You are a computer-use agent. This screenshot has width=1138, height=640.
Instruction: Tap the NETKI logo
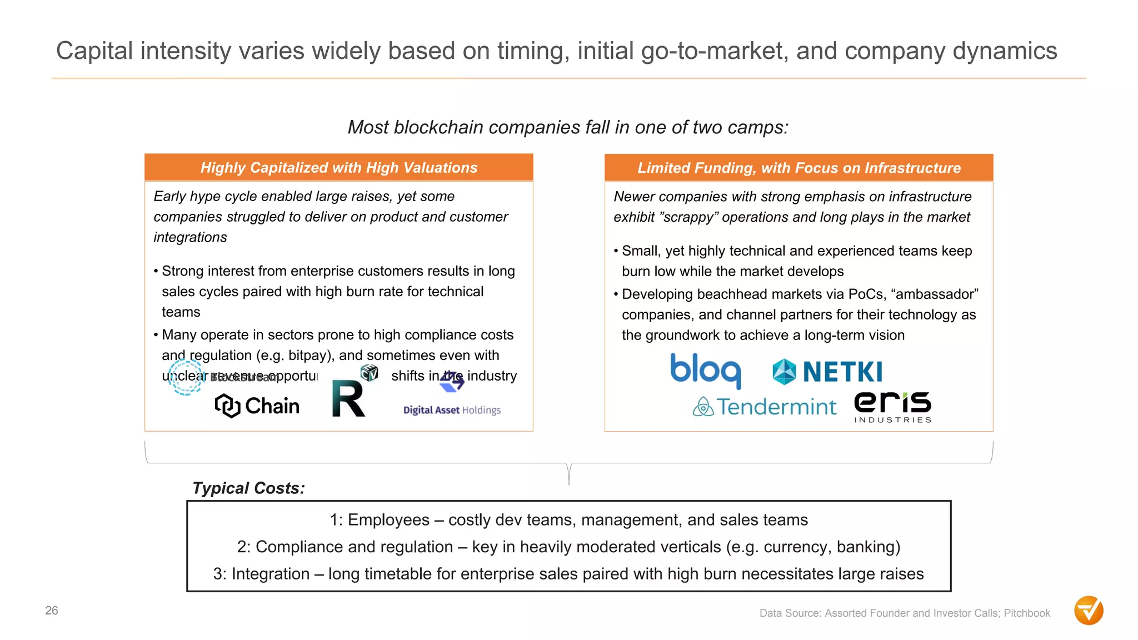[x=827, y=372]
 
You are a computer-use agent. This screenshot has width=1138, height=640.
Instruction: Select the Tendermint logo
[x=765, y=407]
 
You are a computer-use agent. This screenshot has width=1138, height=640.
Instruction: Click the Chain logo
[x=257, y=406]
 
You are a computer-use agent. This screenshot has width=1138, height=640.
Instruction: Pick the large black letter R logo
[x=348, y=399]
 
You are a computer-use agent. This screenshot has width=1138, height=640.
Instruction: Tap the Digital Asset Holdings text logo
[x=452, y=410]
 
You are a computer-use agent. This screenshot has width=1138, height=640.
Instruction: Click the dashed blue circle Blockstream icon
[x=186, y=377]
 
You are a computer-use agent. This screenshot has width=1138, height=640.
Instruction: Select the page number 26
[x=52, y=611]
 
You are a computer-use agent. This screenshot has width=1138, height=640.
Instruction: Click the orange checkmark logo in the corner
[x=1089, y=611]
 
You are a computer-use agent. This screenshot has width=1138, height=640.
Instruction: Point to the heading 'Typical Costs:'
[x=248, y=488]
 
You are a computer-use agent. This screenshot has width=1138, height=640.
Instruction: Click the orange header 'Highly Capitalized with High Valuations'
[x=339, y=167]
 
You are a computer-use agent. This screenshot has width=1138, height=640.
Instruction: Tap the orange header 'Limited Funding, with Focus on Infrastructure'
[x=798, y=168]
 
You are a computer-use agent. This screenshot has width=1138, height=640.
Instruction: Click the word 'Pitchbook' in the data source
[x=1027, y=613]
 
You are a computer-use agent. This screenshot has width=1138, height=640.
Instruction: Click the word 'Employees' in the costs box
[x=388, y=520]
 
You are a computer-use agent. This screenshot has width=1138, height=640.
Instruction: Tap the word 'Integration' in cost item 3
[x=270, y=574]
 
